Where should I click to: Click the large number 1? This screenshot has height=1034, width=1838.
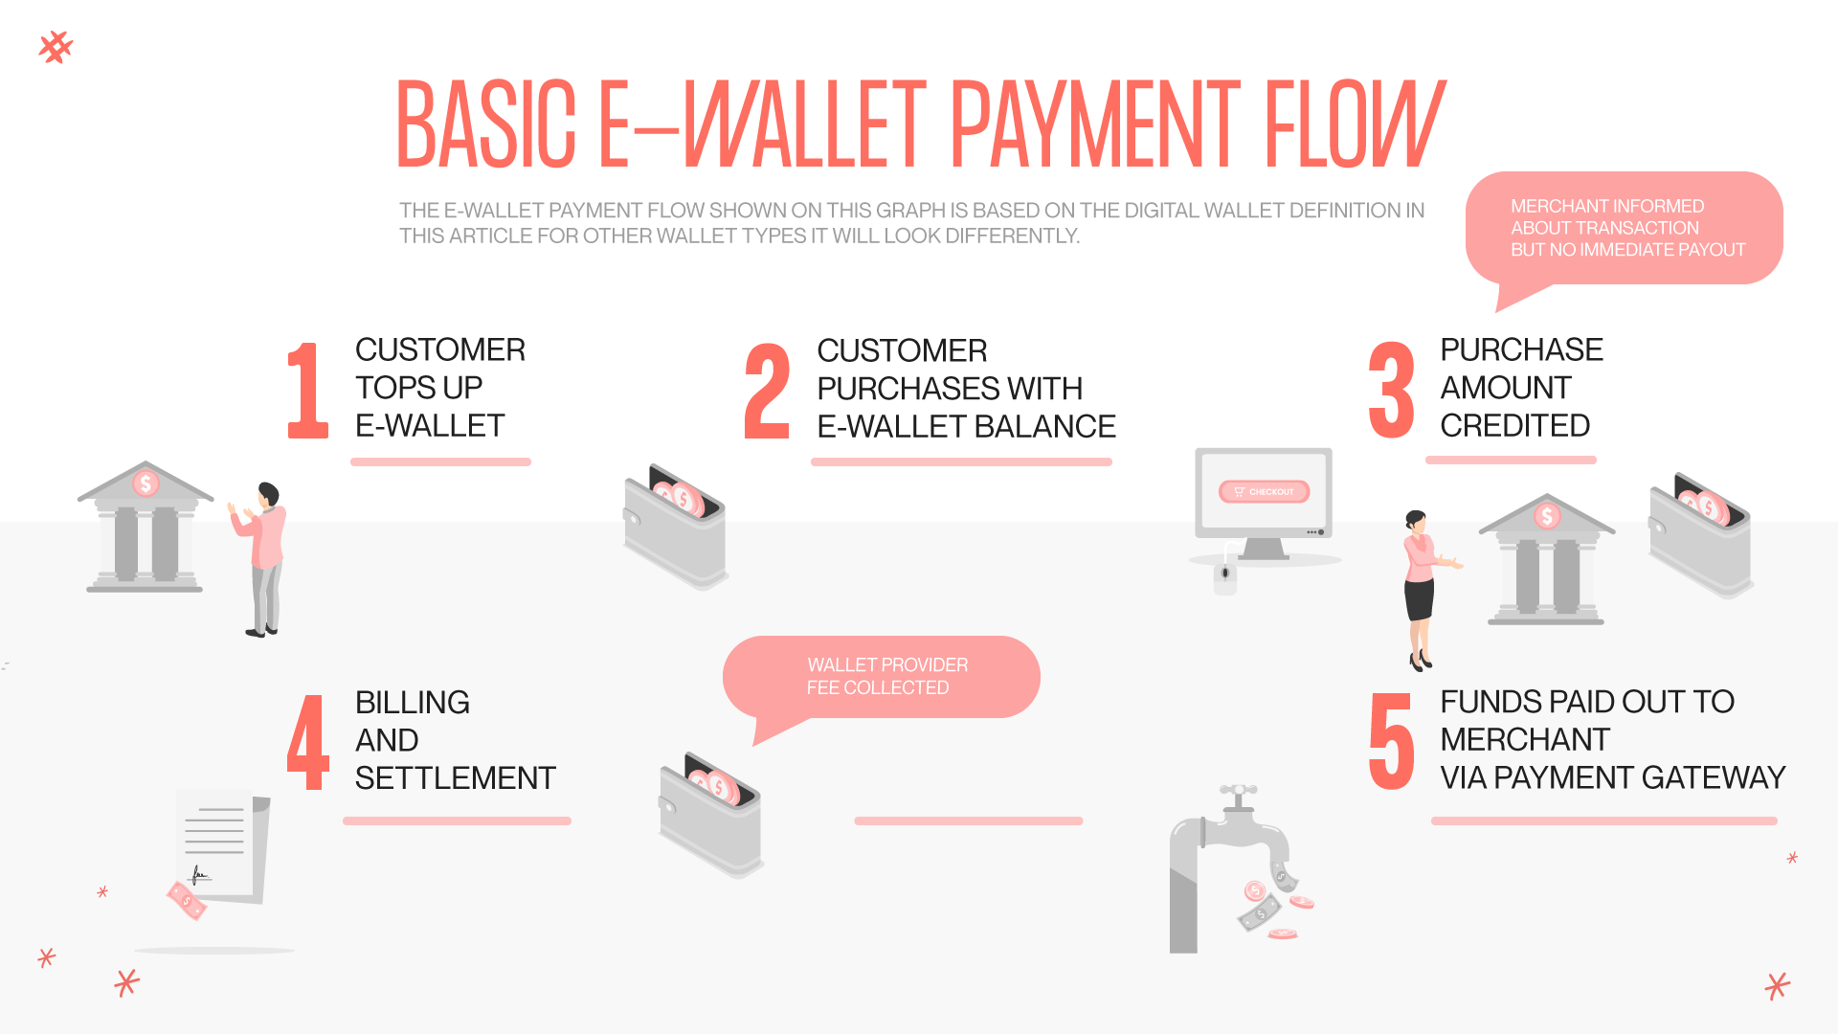point(308,391)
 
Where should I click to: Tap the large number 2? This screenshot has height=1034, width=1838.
point(768,392)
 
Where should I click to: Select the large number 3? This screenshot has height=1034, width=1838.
point(1391,391)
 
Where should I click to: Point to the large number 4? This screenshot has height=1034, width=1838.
point(308,743)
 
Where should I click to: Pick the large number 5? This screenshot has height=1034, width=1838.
point(1391,742)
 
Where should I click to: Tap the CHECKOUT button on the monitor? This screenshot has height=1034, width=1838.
point(1264,491)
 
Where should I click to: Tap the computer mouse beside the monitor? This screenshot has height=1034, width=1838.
point(1225,576)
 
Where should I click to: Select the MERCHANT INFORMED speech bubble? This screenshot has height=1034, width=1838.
point(1625,228)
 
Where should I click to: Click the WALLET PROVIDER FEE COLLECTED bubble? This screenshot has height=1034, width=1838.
point(881,677)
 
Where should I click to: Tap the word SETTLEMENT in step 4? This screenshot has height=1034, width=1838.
point(455,778)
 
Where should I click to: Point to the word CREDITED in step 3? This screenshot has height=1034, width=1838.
point(1514,425)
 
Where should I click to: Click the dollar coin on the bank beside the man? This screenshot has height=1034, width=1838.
point(146,483)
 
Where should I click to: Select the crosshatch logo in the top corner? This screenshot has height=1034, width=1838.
point(56,47)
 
